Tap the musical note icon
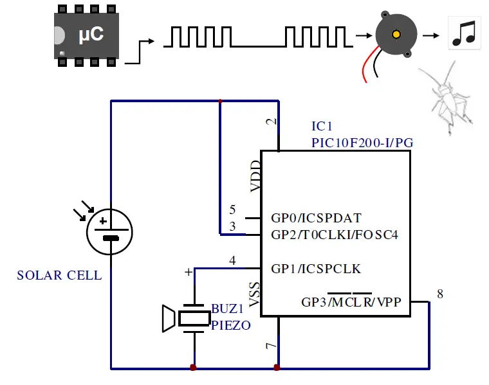tap(463, 33)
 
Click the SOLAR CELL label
tap(59, 276)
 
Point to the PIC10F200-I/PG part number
tap(362, 142)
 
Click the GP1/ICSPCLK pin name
tap(316, 268)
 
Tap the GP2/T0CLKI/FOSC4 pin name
tap(335, 234)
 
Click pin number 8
tap(440, 294)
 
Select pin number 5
tap(233, 210)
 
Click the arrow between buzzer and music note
tap(432, 35)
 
